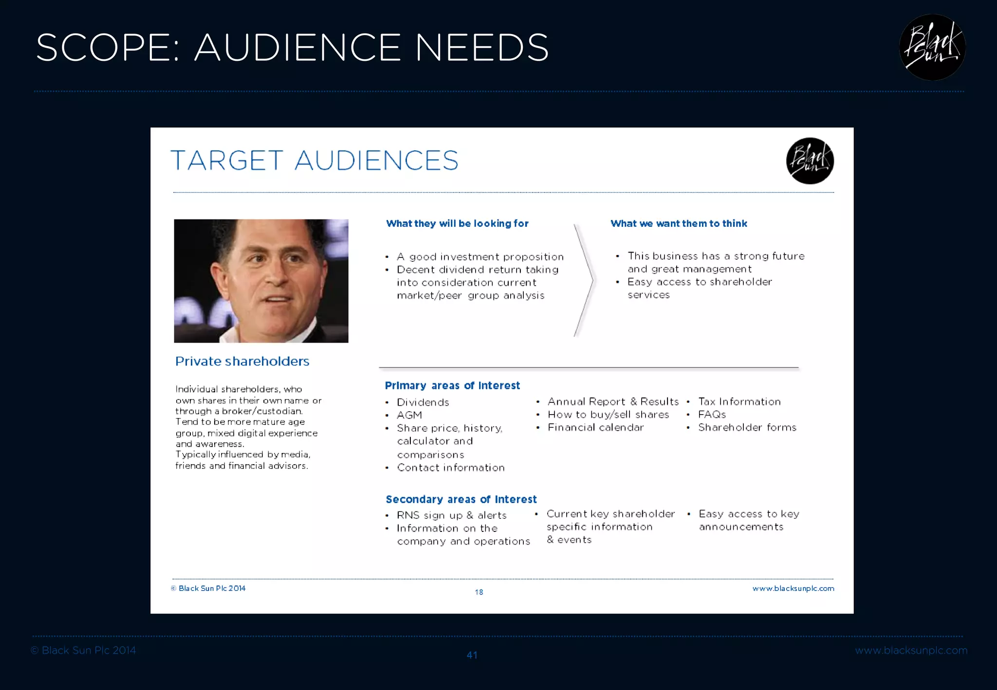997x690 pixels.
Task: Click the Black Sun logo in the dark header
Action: pos(932,48)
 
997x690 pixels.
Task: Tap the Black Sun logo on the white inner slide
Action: pos(810,161)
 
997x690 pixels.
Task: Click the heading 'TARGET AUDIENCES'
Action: pos(314,161)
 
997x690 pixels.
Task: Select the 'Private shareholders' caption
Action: pos(242,362)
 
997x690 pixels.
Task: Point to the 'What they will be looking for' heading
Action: pos(457,224)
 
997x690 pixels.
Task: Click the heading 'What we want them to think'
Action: pos(679,224)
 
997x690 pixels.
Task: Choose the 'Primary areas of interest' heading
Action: pos(452,386)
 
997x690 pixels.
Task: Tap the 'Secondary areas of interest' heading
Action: pos(461,500)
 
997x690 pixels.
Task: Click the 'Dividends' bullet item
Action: pos(423,402)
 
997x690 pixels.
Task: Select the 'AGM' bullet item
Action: pos(409,416)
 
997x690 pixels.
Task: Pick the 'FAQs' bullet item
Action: pos(712,415)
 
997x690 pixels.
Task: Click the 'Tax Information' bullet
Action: pos(739,402)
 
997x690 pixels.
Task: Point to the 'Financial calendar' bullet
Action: pos(595,428)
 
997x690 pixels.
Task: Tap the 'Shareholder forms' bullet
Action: pos(747,428)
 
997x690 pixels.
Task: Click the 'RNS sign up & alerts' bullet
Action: pos(451,515)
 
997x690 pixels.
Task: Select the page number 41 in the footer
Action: pos(472,655)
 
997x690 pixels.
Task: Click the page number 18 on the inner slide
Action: pos(479,592)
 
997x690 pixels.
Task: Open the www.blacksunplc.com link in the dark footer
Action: pos(911,651)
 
